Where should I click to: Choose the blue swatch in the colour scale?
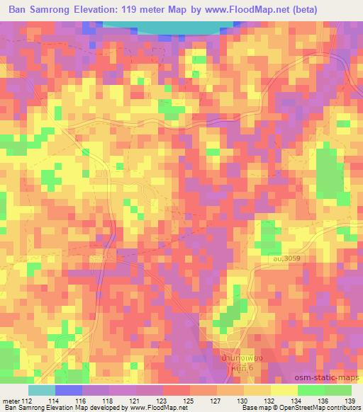(68, 389)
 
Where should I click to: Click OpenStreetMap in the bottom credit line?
(298, 408)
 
